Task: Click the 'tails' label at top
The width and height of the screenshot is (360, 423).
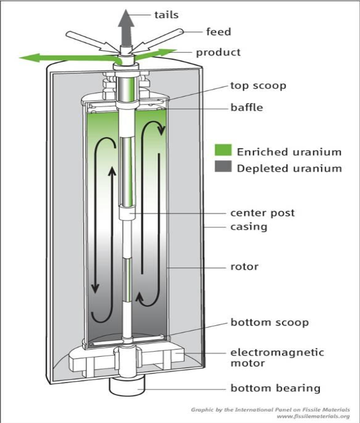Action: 166,15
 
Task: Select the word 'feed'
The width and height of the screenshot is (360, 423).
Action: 218,32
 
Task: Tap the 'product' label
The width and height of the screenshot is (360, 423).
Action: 218,52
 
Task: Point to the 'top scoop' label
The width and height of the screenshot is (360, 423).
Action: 258,86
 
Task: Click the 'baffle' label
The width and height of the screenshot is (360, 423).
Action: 247,107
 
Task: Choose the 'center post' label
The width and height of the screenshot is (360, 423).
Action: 262,213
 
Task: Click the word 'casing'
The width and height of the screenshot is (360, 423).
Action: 249,227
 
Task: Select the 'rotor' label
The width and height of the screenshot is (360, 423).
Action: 244,267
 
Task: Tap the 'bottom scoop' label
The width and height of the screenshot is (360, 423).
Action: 269,322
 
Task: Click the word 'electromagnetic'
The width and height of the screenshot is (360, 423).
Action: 277,352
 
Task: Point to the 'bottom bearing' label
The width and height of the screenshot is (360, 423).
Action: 275,388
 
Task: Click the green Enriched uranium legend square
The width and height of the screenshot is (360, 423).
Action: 223,150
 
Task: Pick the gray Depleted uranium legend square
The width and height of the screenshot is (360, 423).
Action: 223,167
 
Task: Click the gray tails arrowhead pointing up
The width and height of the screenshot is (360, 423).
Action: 126,18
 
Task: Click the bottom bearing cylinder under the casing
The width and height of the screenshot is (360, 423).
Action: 127,385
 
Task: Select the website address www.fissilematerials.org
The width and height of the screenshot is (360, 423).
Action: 313,416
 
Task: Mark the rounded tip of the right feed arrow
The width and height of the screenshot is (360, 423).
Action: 181,31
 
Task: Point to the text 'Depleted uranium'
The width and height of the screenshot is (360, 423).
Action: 289,168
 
